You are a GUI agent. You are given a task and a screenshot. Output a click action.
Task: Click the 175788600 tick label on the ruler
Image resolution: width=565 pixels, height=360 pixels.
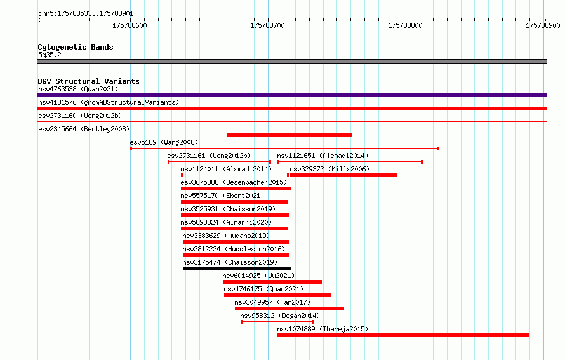click(130, 25)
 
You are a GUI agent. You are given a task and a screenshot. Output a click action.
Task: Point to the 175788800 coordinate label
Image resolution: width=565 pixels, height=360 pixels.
click(405, 25)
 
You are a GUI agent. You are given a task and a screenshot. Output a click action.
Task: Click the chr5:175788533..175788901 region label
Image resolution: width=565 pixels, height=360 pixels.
click(86, 14)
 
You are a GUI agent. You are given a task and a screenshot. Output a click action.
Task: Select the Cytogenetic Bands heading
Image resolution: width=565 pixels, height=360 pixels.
click(76, 47)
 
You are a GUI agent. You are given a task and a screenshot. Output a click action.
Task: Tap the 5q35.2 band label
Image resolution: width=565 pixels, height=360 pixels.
click(50, 55)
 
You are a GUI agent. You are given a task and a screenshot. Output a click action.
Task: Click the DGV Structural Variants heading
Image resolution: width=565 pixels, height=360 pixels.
click(89, 81)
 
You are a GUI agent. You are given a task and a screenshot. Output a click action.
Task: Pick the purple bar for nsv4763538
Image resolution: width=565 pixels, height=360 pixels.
click(292, 95)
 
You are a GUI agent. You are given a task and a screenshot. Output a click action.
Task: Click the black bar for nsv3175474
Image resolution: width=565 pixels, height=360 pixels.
click(237, 269)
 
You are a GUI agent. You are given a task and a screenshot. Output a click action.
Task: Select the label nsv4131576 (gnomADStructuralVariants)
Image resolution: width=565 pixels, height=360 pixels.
click(109, 102)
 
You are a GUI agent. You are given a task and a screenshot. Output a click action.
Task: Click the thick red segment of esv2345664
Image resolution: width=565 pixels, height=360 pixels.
click(289, 135)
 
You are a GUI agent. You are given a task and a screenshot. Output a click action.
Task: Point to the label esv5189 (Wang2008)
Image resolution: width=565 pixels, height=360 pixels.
click(164, 142)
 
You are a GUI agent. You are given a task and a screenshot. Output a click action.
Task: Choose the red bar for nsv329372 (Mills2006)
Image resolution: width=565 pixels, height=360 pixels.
click(343, 175)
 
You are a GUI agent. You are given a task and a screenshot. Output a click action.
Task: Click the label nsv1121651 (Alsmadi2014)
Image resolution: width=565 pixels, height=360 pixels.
click(322, 156)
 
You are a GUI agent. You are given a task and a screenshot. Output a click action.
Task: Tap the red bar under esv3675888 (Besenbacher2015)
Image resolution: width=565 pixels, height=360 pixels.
click(236, 189)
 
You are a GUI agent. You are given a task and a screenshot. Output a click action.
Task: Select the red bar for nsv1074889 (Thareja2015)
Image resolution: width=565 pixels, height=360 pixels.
click(403, 335)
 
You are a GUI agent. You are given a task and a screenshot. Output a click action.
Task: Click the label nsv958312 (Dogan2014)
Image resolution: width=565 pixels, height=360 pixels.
click(280, 316)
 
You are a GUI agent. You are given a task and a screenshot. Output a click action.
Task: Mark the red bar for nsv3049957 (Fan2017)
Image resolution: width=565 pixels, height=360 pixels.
click(289, 309)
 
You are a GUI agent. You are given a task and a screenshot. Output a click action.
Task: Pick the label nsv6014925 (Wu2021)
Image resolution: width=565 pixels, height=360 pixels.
click(258, 276)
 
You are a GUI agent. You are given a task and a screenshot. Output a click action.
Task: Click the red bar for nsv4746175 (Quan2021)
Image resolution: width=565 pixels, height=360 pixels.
click(277, 295)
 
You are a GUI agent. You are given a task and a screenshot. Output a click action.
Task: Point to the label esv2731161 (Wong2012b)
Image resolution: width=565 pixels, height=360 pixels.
click(209, 156)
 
